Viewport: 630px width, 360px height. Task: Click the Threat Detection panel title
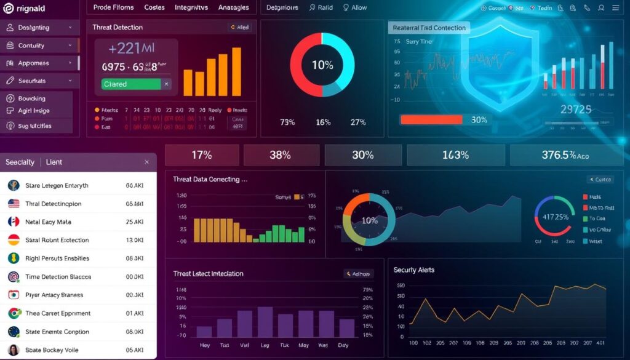(118, 28)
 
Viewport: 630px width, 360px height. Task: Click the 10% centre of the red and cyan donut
(322, 65)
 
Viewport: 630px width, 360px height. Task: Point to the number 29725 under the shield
(576, 110)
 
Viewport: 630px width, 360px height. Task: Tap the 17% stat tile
(202, 155)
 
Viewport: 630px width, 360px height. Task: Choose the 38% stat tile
(280, 155)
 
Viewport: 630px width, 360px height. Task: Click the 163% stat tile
(455, 155)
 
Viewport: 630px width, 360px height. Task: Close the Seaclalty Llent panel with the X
(146, 162)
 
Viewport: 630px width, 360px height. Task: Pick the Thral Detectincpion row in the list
(54, 204)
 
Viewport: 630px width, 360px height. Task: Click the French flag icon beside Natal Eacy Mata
(14, 222)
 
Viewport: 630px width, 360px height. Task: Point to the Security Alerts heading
(413, 270)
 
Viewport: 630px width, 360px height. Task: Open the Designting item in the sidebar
(39, 28)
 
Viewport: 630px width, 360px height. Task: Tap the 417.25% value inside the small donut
(554, 217)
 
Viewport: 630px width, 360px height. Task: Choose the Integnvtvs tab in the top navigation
(191, 7)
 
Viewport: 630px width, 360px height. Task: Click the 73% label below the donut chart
(287, 122)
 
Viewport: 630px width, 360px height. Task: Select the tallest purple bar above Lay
(265, 321)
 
